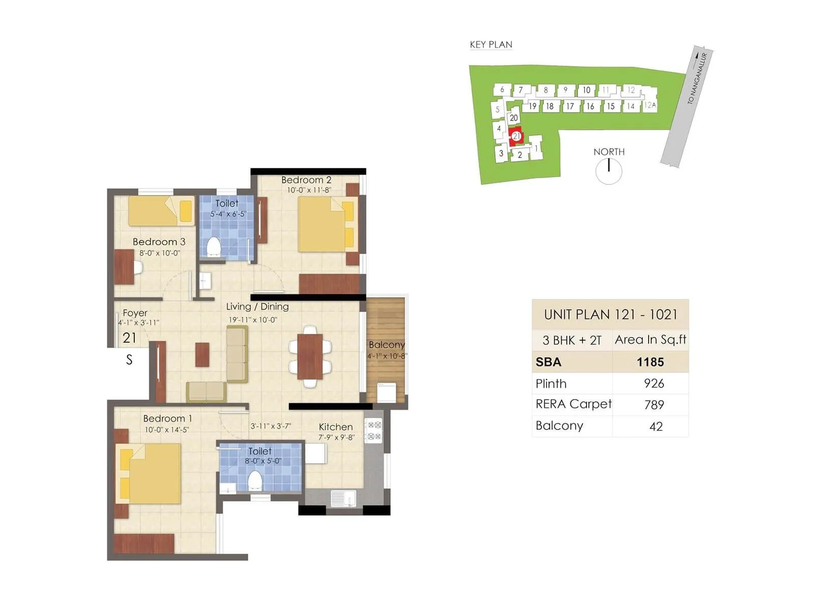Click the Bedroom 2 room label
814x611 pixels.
click(306, 180)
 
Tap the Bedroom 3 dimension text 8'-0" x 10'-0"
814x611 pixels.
click(160, 253)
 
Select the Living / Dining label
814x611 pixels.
click(257, 307)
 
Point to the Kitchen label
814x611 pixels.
click(336, 427)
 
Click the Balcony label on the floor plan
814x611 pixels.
click(387, 345)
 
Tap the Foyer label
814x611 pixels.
click(135, 313)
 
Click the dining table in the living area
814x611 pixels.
click(310, 356)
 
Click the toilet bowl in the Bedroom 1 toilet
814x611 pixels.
click(254, 480)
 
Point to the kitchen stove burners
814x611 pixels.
click(374, 430)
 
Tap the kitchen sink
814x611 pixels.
click(343, 498)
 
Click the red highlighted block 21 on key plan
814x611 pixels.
click(516, 136)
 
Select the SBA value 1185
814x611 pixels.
click(650, 362)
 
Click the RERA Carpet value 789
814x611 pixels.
click(654, 405)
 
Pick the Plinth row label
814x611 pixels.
click(551, 383)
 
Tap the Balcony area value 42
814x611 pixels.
click(656, 426)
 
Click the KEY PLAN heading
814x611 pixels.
click(491, 45)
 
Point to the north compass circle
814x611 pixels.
click(608, 171)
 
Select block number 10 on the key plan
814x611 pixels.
click(586, 90)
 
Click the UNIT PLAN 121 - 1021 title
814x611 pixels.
click(610, 315)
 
